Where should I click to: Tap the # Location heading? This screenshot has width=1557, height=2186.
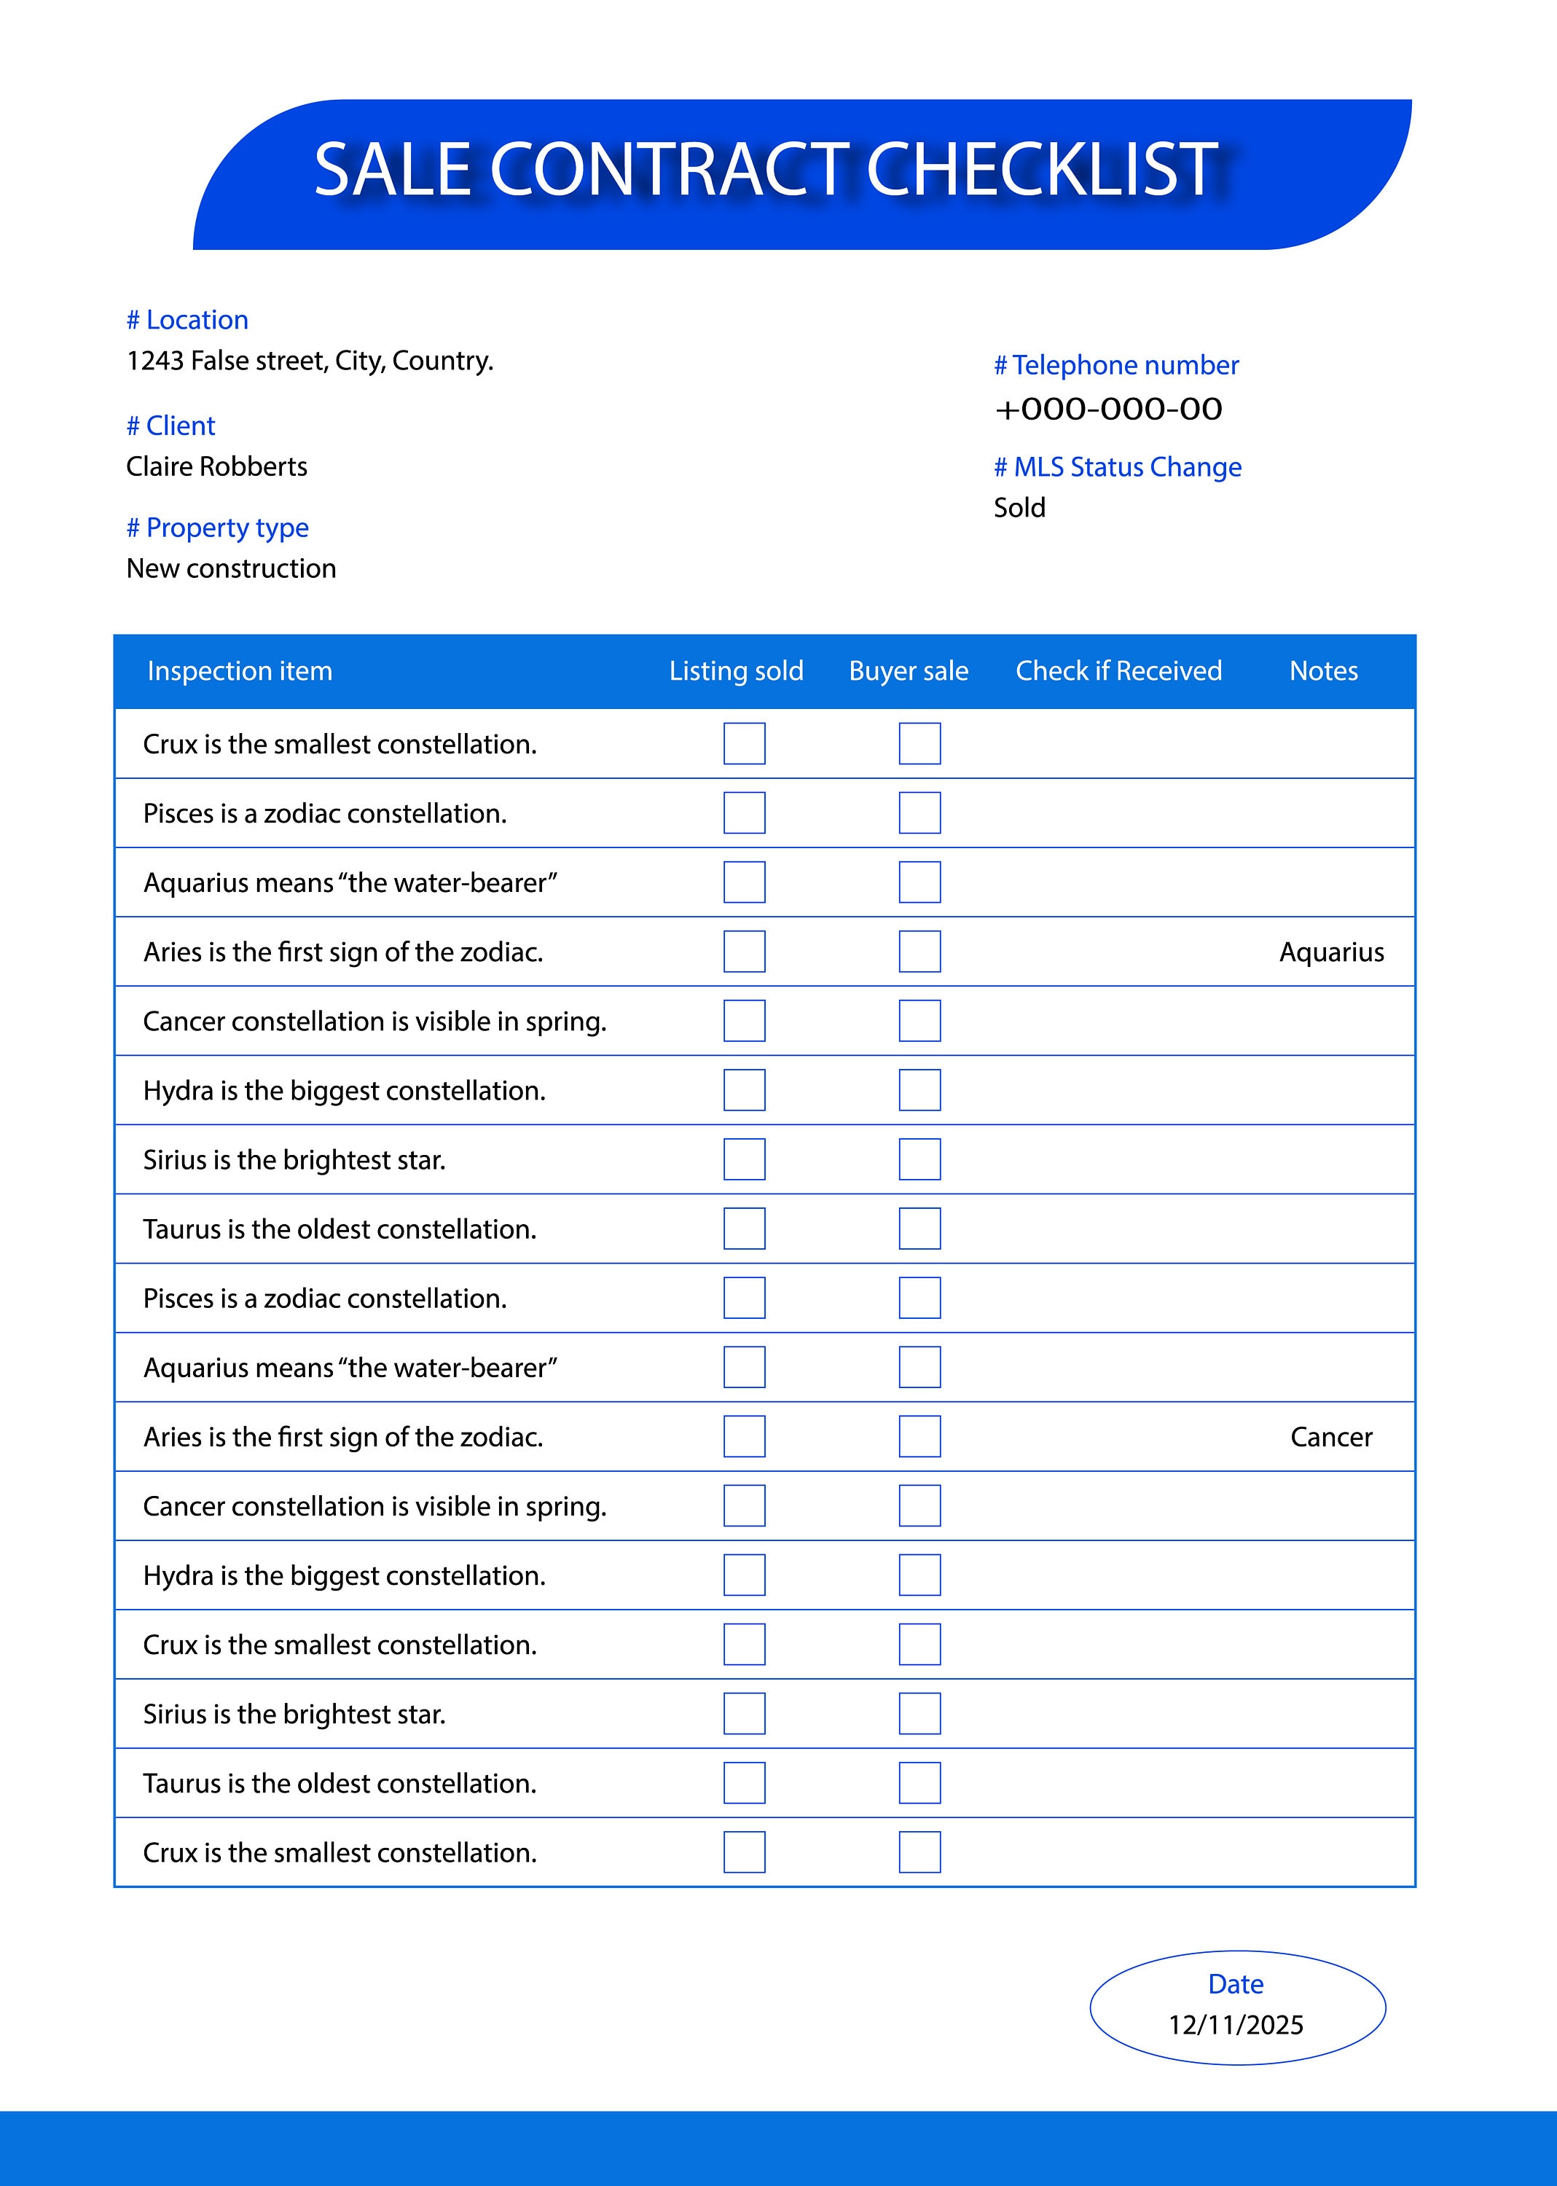pyautogui.click(x=188, y=320)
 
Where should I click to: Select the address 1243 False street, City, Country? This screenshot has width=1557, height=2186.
pyautogui.click(x=310, y=361)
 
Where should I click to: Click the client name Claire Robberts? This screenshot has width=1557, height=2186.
pyautogui.click(x=216, y=467)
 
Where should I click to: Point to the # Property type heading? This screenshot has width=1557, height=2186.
pyautogui.click(x=218, y=528)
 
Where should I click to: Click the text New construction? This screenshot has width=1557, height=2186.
pyautogui.click(x=231, y=568)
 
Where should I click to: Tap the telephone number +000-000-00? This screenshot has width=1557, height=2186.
pyautogui.click(x=1108, y=410)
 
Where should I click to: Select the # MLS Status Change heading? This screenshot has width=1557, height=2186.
pyautogui.click(x=1117, y=467)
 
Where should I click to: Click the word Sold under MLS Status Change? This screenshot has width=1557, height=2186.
pyautogui.click(x=1019, y=508)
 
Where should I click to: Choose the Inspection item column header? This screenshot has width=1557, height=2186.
pyautogui.click(x=240, y=671)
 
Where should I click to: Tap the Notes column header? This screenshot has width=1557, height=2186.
pyautogui.click(x=1323, y=671)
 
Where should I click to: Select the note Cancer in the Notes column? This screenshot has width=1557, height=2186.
pyautogui.click(x=1330, y=1437)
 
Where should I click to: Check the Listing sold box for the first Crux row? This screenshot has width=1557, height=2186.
pyautogui.click(x=744, y=744)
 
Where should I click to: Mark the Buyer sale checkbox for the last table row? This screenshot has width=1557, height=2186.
pyautogui.click(x=919, y=1852)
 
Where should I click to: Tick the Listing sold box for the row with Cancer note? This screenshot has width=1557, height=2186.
pyautogui.click(x=744, y=1437)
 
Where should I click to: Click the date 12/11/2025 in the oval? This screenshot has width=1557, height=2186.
pyautogui.click(x=1235, y=2025)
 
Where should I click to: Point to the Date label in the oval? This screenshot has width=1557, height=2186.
pyautogui.click(x=1235, y=1983)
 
